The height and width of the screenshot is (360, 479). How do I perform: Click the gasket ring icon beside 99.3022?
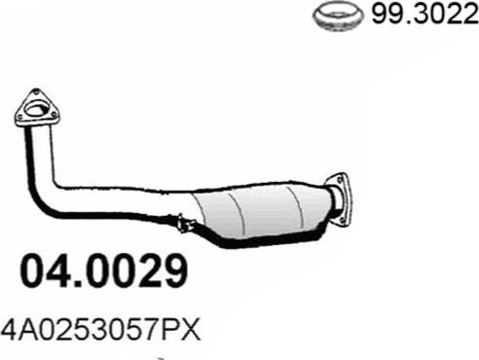[338, 16]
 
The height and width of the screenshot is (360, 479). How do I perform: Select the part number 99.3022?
[424, 15]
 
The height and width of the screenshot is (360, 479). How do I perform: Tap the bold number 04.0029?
[104, 271]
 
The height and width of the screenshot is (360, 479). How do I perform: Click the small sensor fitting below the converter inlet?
[185, 224]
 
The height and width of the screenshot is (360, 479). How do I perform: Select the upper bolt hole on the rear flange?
[340, 179]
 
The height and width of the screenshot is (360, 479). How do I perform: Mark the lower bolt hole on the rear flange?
[342, 221]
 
